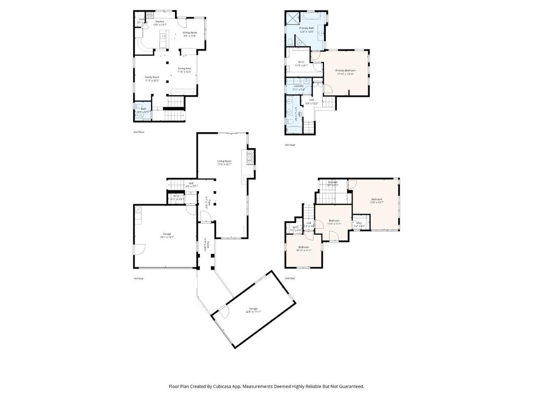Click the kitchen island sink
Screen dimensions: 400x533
(162, 36)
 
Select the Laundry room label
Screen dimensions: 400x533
(298, 87)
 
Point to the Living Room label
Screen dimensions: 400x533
(224, 162)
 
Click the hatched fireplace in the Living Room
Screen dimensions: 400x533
(251, 157)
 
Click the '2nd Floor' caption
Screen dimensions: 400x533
(138, 132)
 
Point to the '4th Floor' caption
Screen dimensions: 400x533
(290, 145)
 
